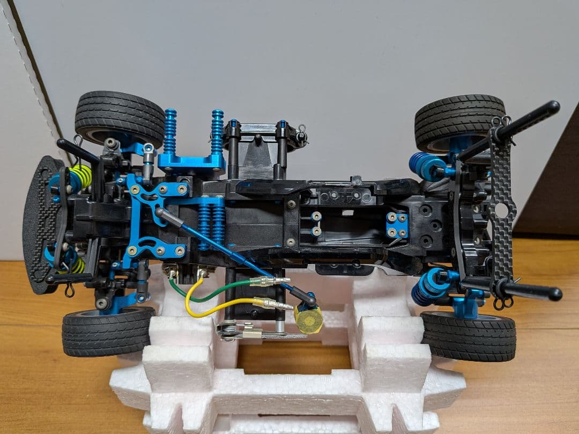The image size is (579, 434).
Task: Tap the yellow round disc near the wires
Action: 309,320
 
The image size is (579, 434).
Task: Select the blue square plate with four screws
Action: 397,225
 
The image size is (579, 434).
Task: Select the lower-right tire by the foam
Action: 468,336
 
